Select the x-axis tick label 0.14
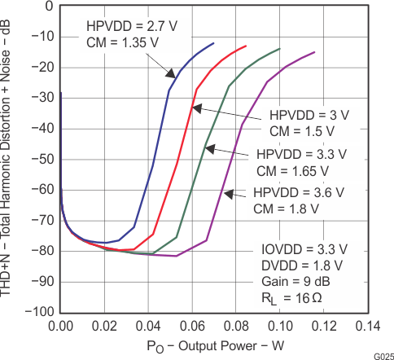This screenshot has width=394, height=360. tap(367, 326)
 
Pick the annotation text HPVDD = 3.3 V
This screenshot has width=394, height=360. tap(301, 154)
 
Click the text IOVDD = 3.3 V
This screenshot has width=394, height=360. tap(315, 248)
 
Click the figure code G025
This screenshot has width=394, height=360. tap(383, 355)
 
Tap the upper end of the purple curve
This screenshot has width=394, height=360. tap(337, 52)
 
